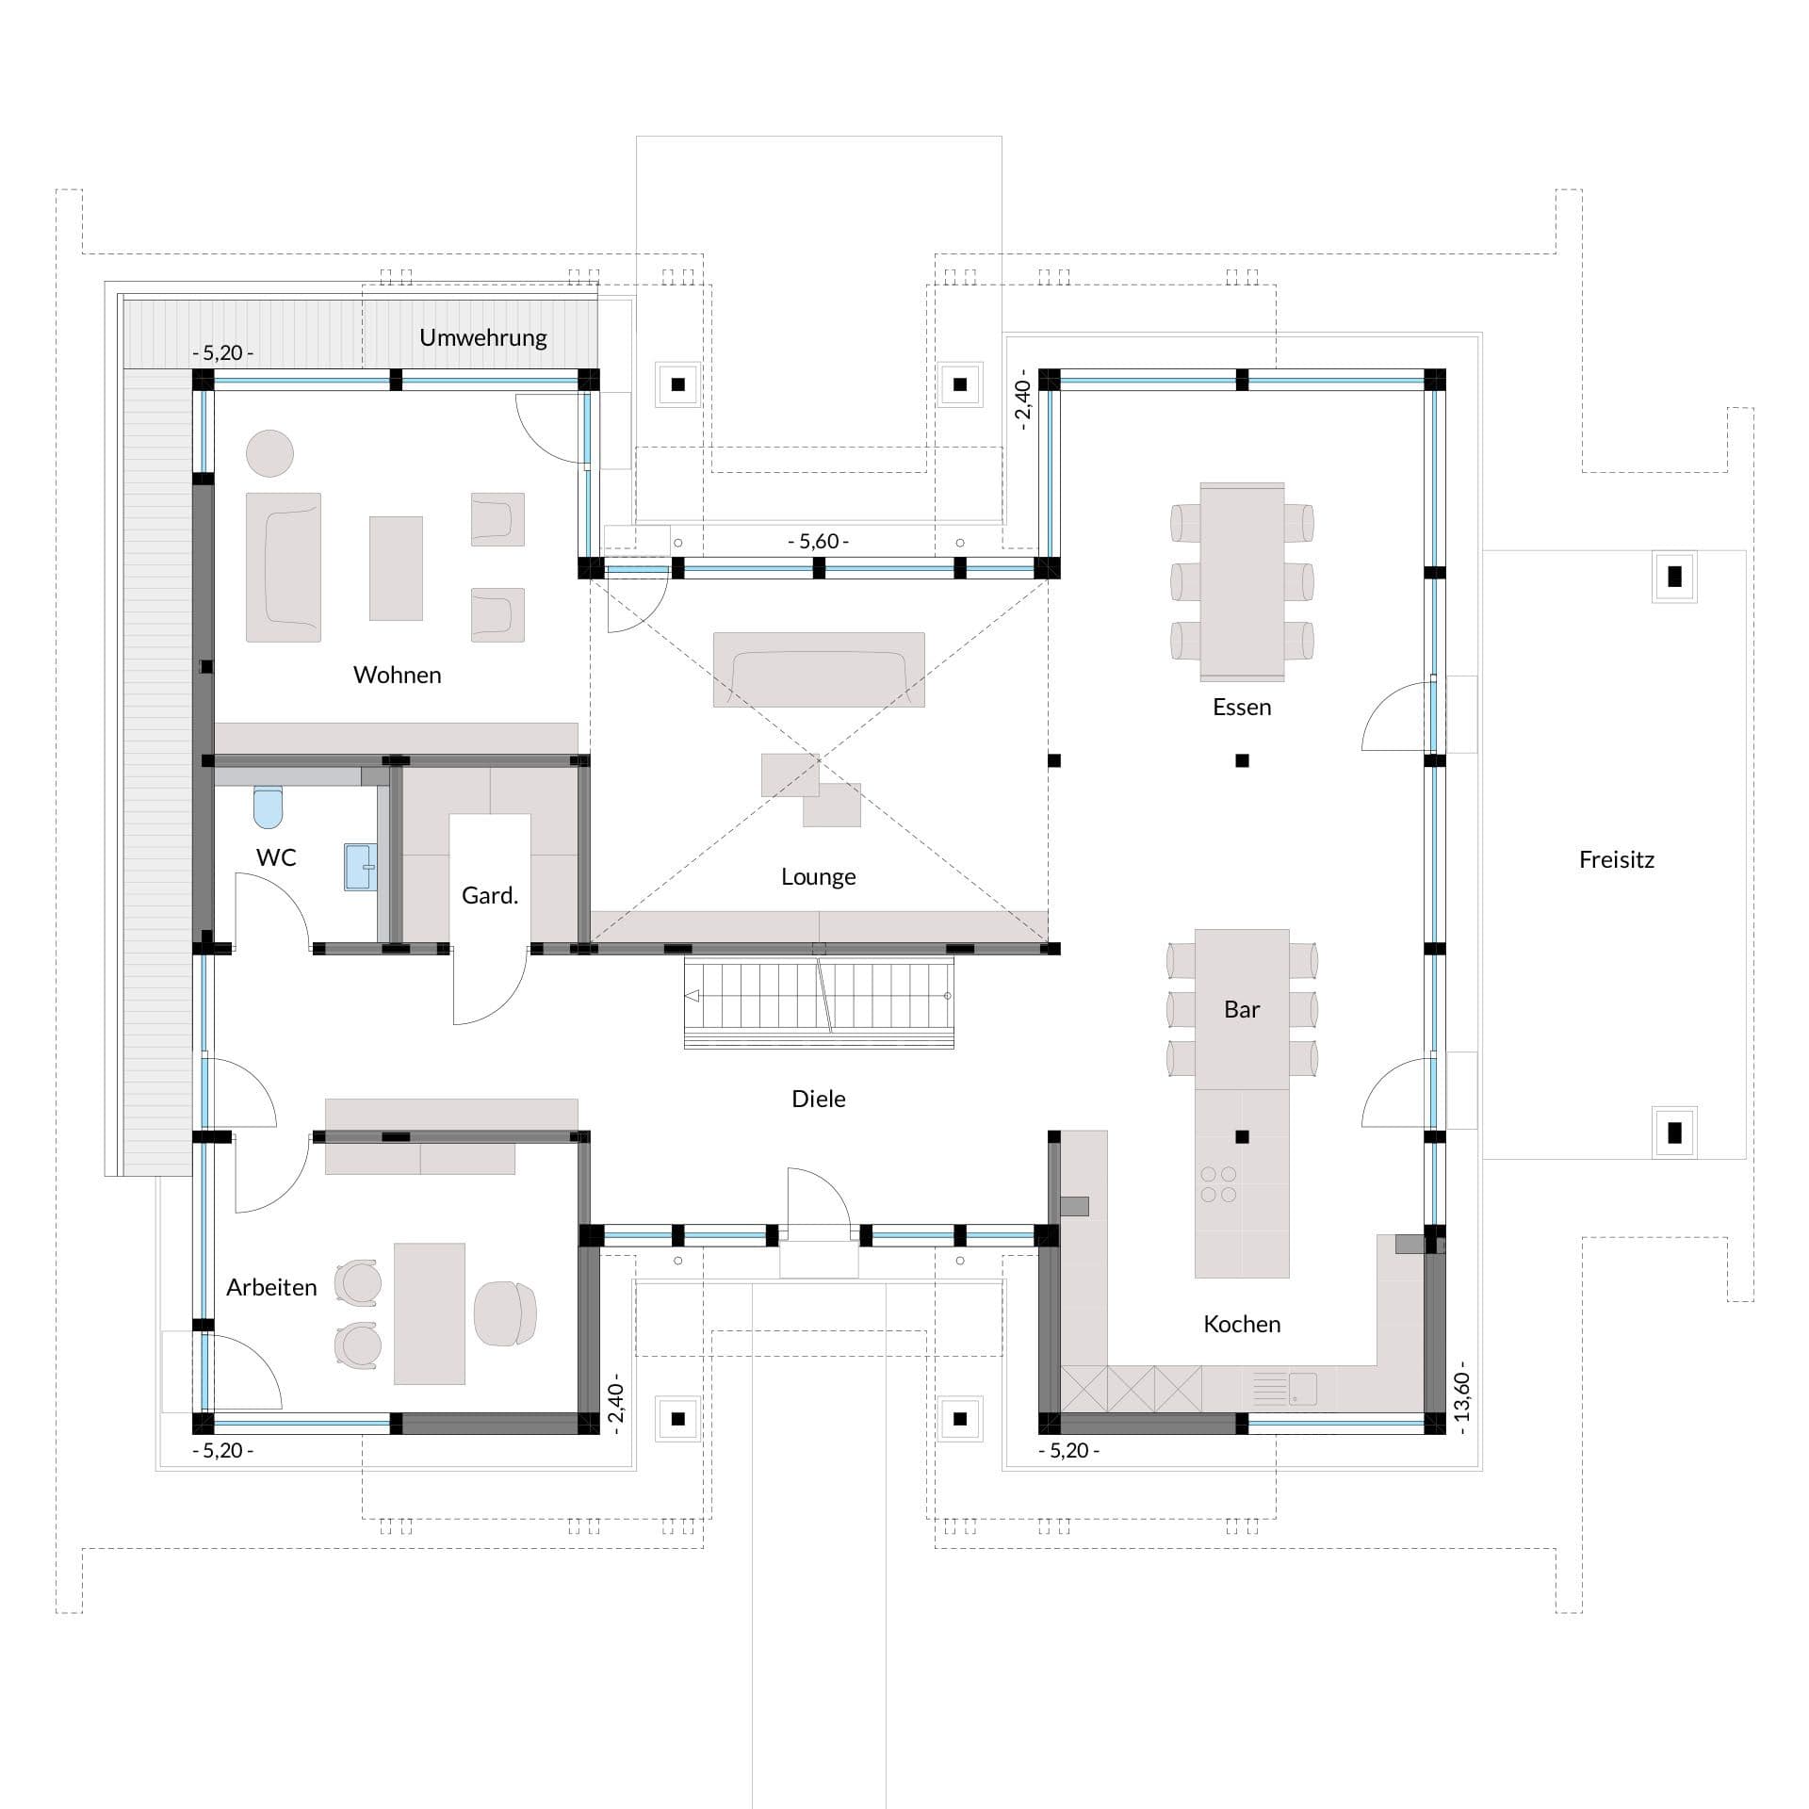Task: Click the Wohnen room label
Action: [397, 675]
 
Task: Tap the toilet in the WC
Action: [269, 806]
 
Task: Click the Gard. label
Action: [490, 895]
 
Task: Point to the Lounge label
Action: [818, 877]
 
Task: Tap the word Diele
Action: [819, 1099]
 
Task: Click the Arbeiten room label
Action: [271, 1287]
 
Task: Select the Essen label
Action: [1242, 707]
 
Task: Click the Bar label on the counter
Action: [1242, 1009]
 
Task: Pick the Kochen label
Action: [1242, 1324]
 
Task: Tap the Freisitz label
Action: [1617, 859]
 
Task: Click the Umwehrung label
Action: [483, 337]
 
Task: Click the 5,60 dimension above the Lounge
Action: [818, 541]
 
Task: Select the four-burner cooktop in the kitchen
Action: [1218, 1184]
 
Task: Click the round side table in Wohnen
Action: [269, 453]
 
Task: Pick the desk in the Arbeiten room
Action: [430, 1313]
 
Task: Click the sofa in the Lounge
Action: [819, 669]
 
